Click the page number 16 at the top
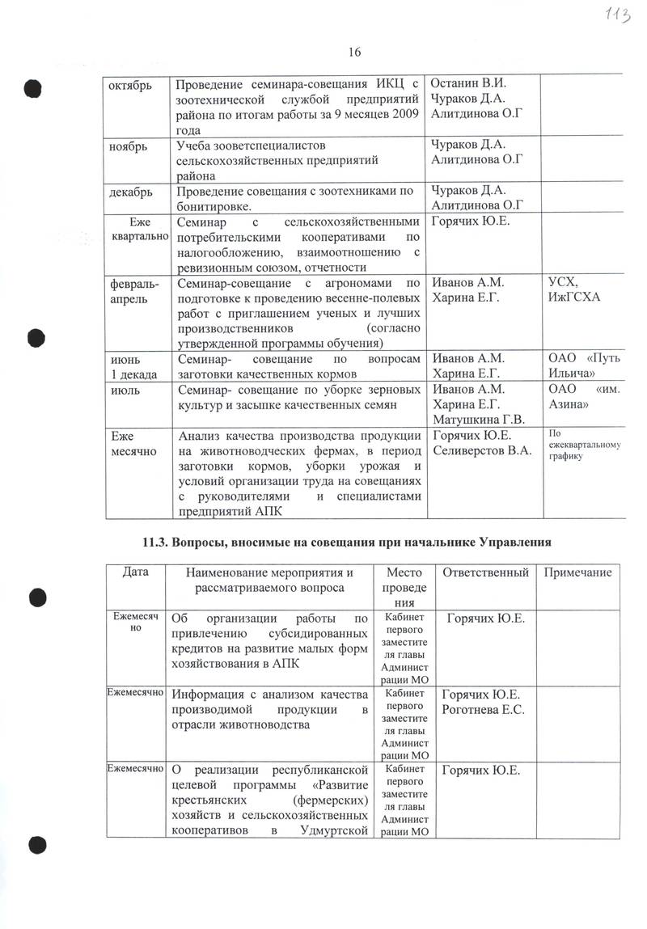click(x=354, y=53)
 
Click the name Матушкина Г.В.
click(x=479, y=419)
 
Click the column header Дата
click(x=136, y=572)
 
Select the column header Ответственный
click(x=483, y=572)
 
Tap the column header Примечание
click(x=576, y=572)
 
